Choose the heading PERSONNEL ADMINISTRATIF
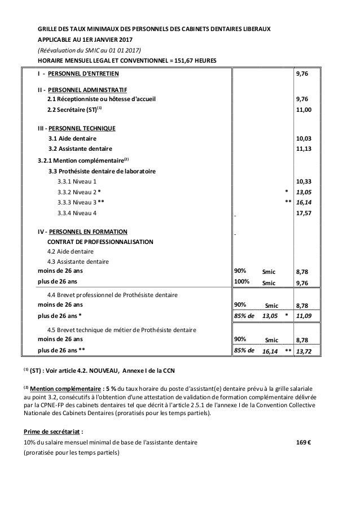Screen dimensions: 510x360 tap(87, 90)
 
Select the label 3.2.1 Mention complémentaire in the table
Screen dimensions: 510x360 tap(80, 160)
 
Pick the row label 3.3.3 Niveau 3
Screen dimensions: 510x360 tap(81, 202)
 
